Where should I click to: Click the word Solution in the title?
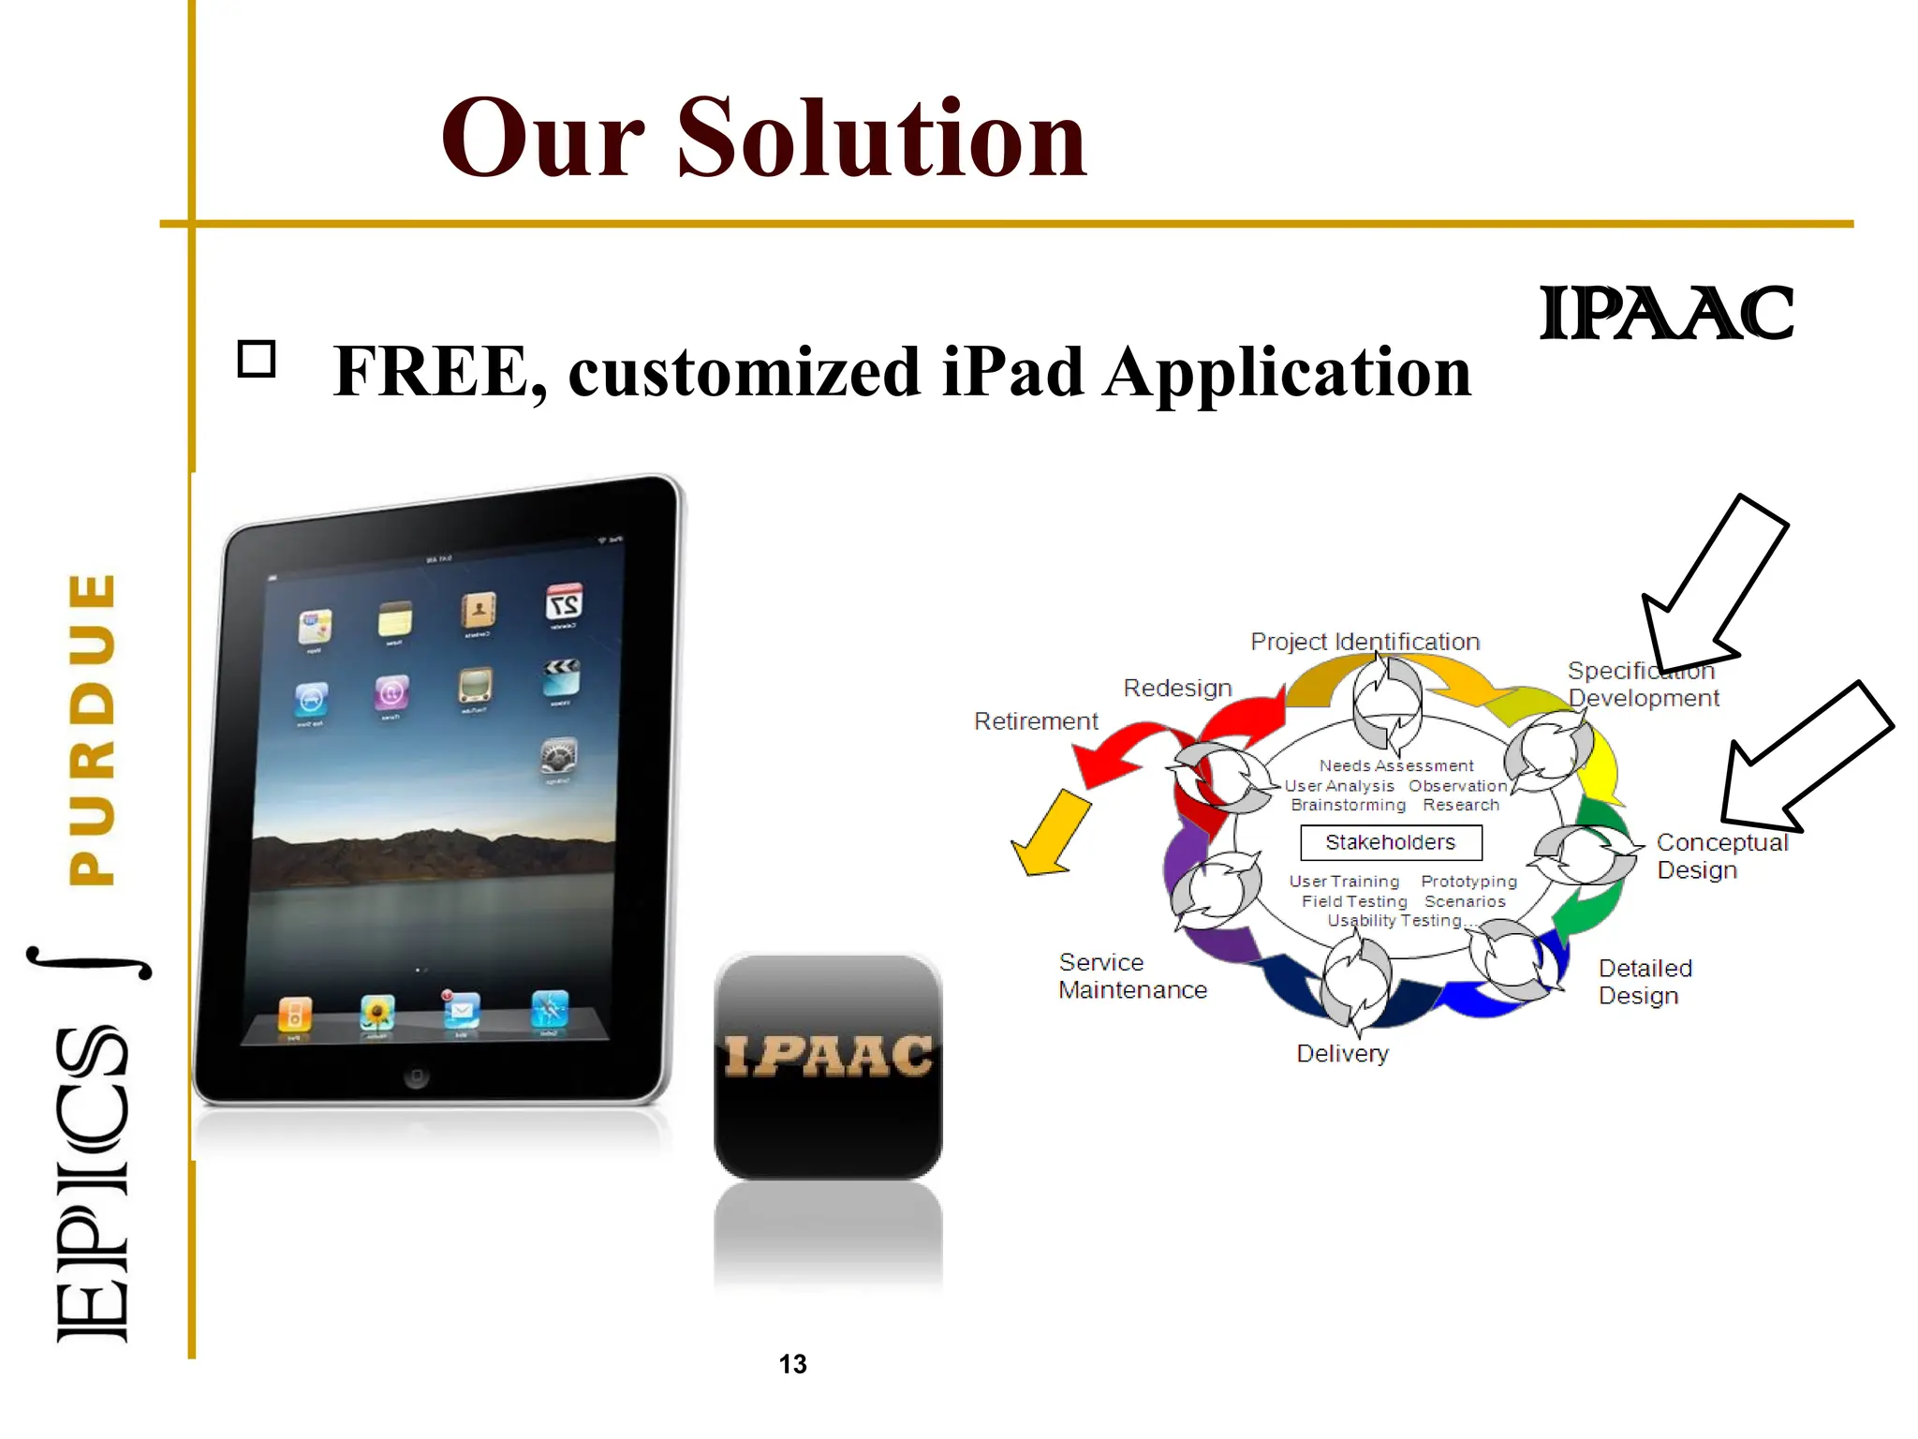880,139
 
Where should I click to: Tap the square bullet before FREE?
257,359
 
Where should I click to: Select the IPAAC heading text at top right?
1666,314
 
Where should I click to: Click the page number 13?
792,1364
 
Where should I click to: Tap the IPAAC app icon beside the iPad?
828,1065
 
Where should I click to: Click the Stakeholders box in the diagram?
1391,842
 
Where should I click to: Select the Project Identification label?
1365,642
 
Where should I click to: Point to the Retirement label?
1035,721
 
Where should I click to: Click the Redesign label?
1177,688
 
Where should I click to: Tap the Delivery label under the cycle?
1342,1054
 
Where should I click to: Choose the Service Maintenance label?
1132,976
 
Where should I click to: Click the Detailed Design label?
1645,982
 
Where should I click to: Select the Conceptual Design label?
1721,856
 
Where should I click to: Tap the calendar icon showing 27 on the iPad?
565,602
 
